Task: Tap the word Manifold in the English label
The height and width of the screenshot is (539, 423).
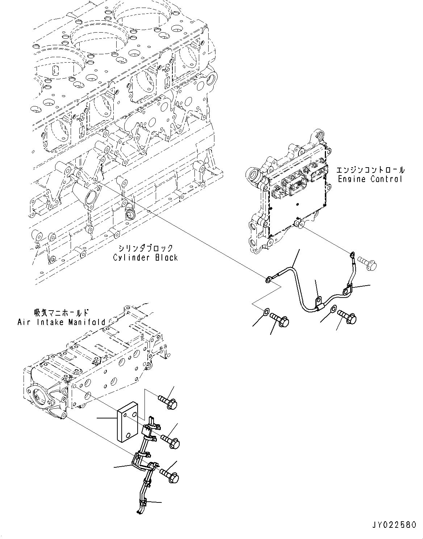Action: [x=87, y=322]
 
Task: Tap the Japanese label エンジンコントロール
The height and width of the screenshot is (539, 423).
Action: [x=370, y=169]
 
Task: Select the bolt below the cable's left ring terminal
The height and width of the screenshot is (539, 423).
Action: [x=280, y=319]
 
